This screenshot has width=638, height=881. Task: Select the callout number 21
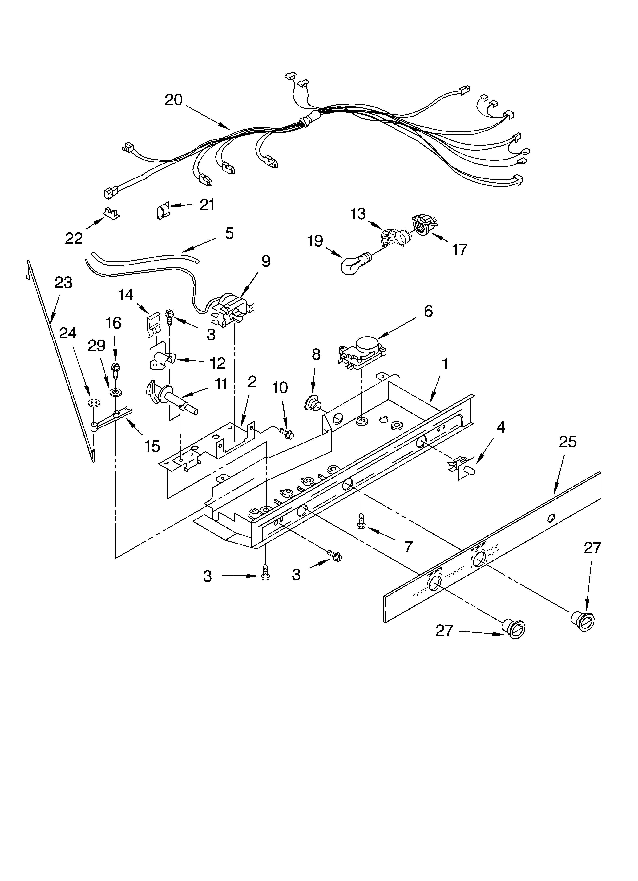pos(207,205)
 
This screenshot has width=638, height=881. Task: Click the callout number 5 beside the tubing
pos(229,233)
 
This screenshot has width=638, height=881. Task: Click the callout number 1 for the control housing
pos(445,364)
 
